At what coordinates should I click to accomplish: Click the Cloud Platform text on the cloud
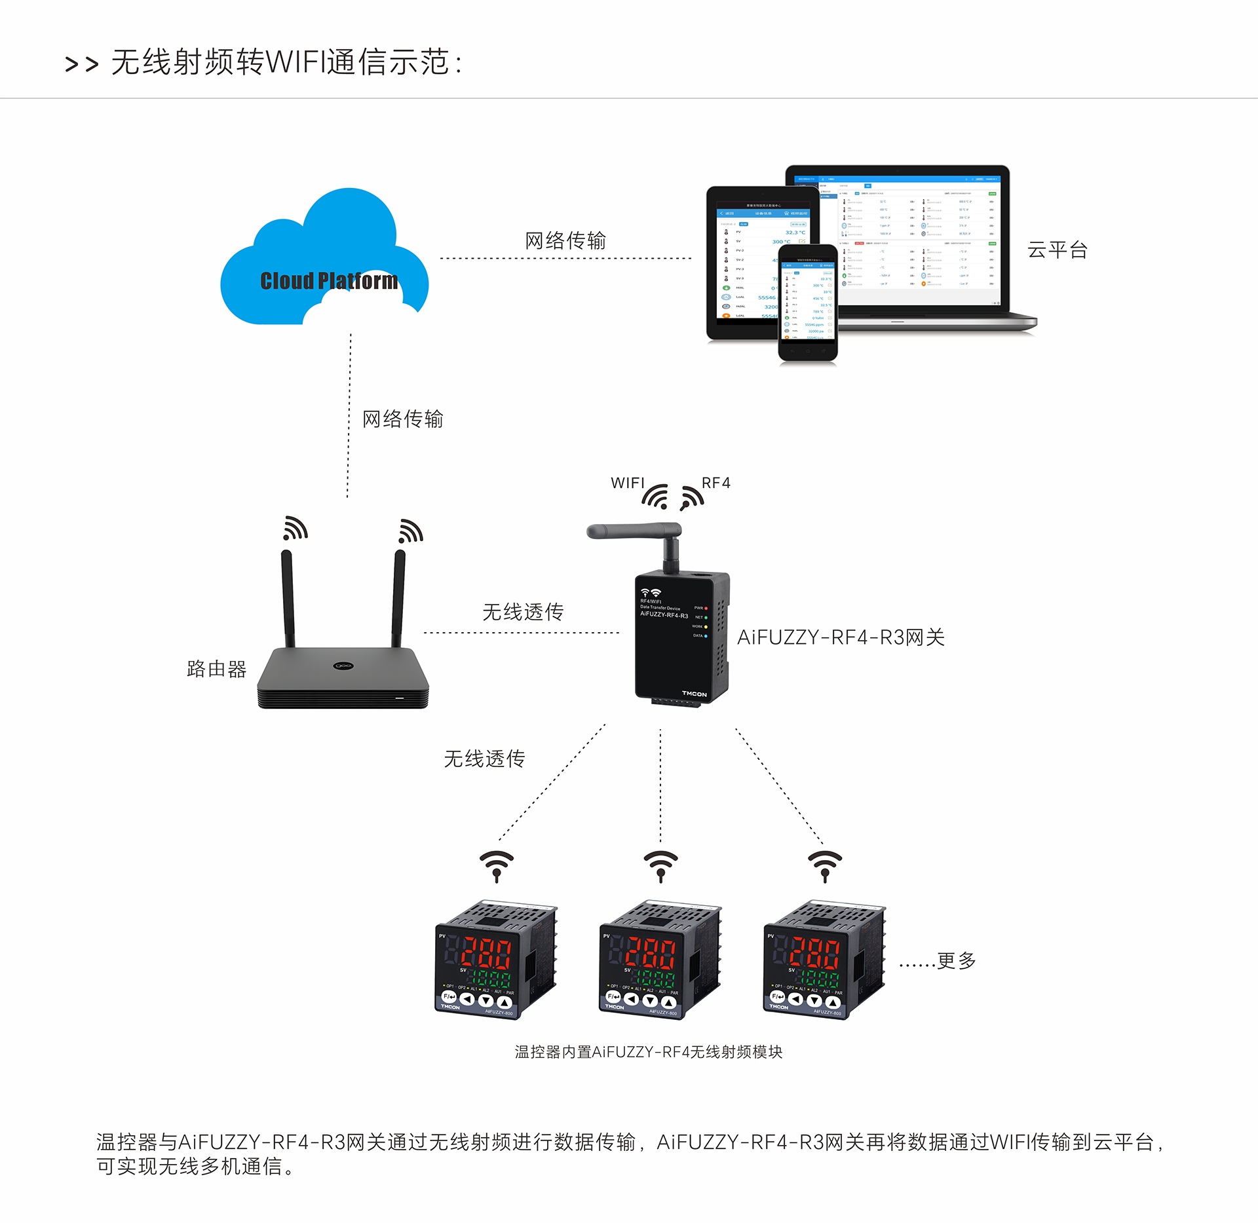329,280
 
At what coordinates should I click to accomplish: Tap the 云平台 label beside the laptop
1057,250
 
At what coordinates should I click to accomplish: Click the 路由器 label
216,669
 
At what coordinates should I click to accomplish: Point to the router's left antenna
288,597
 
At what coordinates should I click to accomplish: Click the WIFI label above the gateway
627,483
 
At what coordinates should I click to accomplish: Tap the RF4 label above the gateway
715,483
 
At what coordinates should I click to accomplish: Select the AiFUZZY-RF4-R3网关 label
841,637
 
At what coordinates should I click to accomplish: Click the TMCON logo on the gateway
694,694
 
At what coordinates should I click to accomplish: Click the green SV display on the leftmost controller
491,979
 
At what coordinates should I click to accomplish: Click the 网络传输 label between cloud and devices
565,240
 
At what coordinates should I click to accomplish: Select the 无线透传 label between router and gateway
523,612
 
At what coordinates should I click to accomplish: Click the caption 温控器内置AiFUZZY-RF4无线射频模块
648,1052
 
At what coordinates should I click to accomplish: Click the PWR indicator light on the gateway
706,608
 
